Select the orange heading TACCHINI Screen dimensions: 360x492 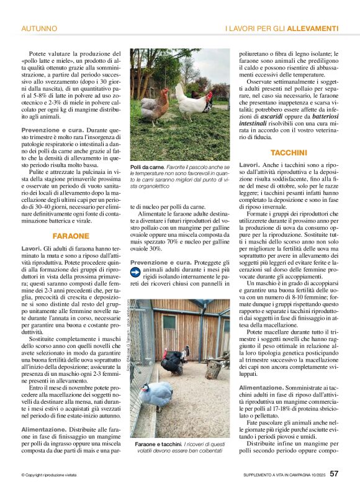coord(289,152)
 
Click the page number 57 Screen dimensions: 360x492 coord(334,474)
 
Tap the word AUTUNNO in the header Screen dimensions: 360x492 coord(40,29)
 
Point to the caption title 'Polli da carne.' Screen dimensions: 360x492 coord(147,168)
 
